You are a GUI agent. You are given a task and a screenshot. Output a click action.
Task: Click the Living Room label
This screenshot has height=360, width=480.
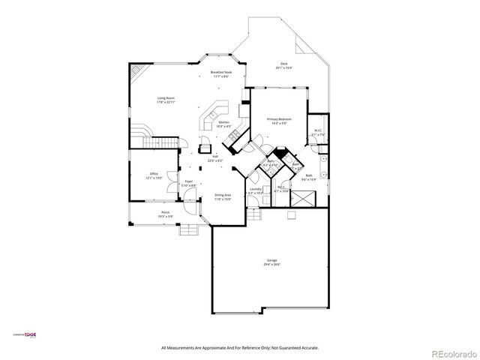click(166, 98)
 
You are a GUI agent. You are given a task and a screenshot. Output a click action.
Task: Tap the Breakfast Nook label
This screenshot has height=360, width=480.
click(220, 73)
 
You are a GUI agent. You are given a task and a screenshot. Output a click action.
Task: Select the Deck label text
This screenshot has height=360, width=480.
click(284, 64)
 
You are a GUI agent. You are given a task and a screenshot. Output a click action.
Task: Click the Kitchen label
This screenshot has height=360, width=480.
click(223, 123)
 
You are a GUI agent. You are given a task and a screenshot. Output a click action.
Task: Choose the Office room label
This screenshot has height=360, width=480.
click(154, 174)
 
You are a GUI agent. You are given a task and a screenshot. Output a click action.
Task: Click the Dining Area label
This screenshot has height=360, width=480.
click(223, 195)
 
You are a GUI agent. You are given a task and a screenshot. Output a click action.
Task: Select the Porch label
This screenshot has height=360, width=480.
click(165, 212)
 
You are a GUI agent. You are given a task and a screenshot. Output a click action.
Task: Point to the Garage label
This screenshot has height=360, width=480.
click(271, 260)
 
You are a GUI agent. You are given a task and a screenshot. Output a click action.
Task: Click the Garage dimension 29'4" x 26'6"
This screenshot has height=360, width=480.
click(271, 265)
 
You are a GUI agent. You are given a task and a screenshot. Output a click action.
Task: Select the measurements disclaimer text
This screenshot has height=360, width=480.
click(240, 347)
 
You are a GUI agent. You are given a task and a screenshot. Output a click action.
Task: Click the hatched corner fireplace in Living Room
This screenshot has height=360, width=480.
click(136, 72)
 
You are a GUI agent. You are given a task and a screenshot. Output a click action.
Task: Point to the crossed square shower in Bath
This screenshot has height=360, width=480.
click(305, 199)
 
